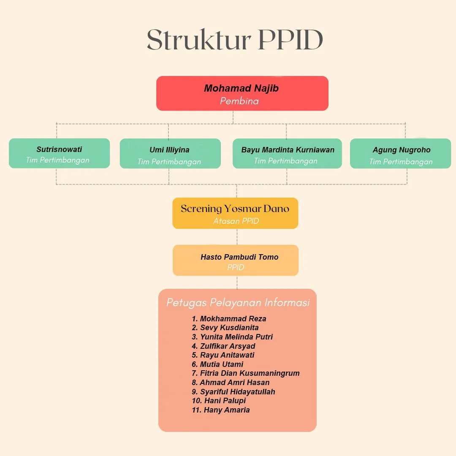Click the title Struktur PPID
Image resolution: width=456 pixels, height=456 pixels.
(x=235, y=41)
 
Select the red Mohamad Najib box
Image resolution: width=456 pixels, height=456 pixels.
(x=242, y=93)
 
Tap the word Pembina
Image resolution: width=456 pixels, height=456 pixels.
(x=239, y=101)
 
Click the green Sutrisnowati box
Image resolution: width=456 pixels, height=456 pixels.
(x=59, y=153)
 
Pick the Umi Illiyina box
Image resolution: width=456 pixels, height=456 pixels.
(x=170, y=154)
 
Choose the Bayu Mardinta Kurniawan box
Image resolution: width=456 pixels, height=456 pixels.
(x=287, y=154)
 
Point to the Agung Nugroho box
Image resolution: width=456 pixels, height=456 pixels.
(x=401, y=154)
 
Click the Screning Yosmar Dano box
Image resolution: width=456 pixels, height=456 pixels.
(x=235, y=213)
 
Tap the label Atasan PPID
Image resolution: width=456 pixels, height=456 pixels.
(x=236, y=221)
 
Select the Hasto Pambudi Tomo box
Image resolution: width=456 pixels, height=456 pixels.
(x=236, y=261)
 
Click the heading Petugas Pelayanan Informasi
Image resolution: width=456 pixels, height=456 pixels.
(x=238, y=302)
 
